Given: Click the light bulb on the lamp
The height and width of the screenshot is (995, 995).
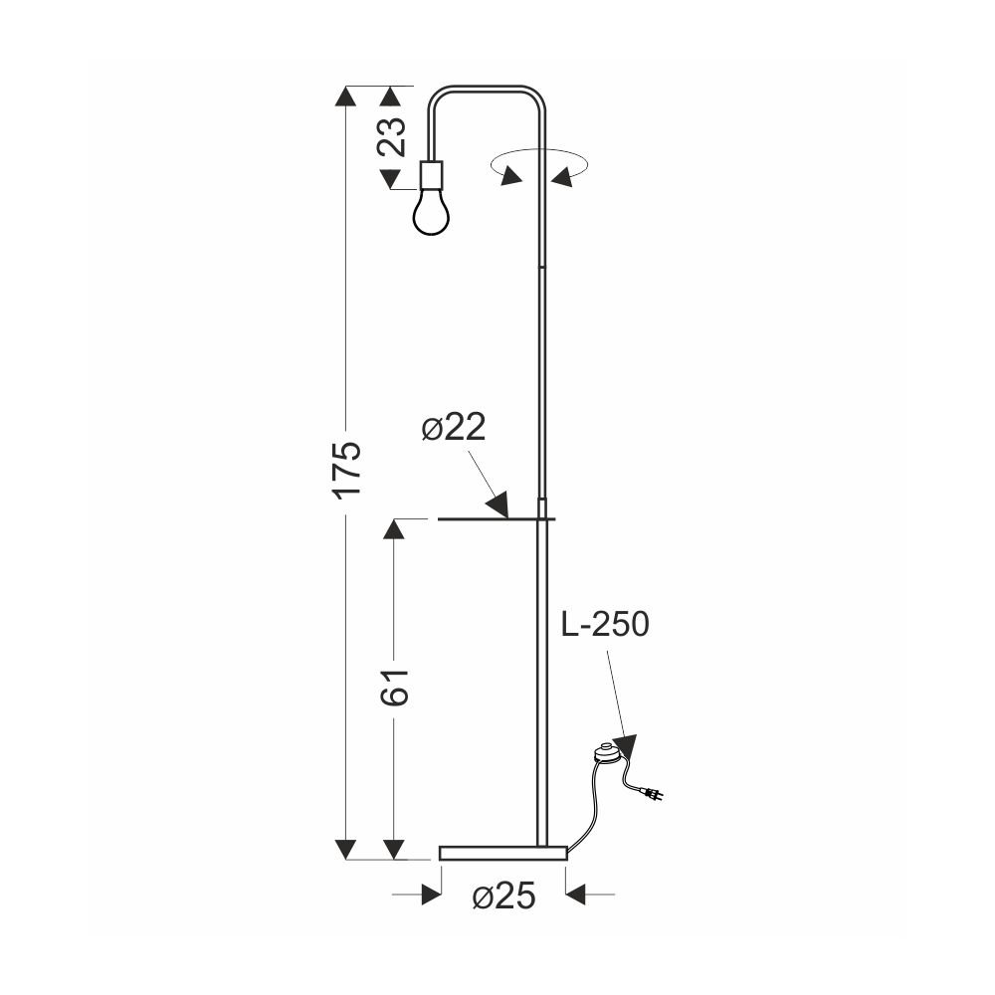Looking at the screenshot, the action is pos(432,211).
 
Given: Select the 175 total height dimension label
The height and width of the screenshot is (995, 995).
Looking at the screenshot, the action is pos(348,469).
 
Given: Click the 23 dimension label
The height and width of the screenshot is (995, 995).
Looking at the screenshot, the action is pos(391,137).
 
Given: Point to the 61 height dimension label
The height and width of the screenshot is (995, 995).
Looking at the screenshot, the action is pos(394,687).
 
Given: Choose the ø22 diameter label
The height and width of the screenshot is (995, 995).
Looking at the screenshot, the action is pos(454,427).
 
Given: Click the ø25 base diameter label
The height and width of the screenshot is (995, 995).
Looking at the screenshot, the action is pos(503,896).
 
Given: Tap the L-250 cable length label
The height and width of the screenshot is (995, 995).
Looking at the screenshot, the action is pos(605,624).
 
